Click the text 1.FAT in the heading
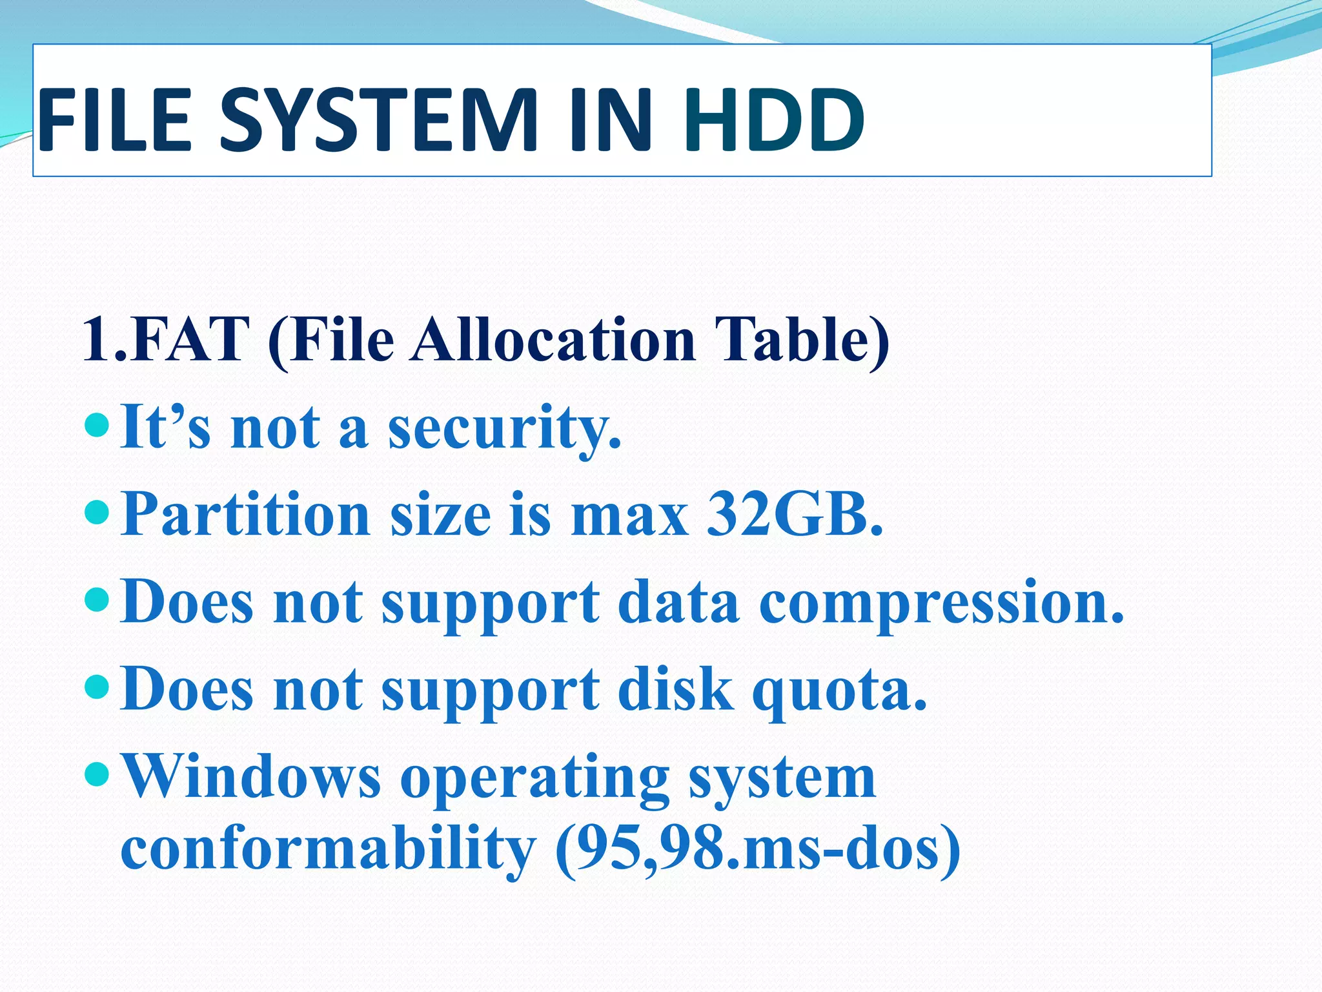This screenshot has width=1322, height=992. [166, 340]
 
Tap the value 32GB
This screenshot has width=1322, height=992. [795, 515]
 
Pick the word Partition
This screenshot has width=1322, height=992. [246, 515]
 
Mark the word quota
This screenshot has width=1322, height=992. [840, 690]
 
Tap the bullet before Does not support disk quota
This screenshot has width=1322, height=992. [97, 686]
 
